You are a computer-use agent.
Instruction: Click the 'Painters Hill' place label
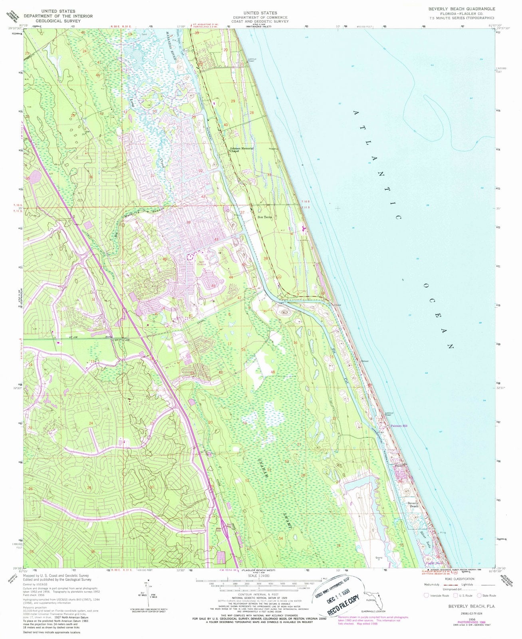[x=399, y=426]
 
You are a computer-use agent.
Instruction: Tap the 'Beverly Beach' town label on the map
[x=413, y=505]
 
